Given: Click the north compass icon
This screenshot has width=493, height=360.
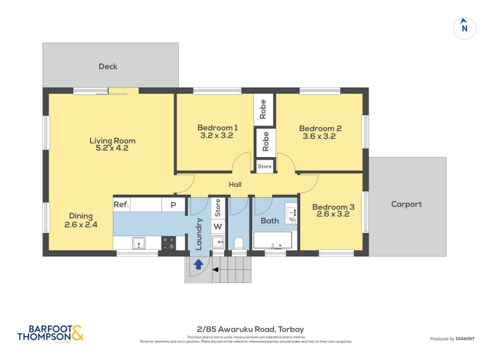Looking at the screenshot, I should pyautogui.click(x=465, y=28).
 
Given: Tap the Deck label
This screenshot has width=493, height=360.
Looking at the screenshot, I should pyautogui.click(x=108, y=67).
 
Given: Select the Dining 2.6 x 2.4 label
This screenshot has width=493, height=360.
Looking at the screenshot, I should pyautogui.click(x=81, y=220).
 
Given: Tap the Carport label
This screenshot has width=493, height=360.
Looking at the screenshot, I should pyautogui.click(x=407, y=204).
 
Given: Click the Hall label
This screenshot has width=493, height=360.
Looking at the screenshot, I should pyautogui.click(x=235, y=184).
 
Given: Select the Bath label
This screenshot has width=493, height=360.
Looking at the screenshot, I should pyautogui.click(x=270, y=220).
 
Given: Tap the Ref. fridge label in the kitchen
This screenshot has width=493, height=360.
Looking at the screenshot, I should pyautogui.click(x=121, y=205).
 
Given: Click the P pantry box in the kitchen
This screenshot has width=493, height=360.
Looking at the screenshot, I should pyautogui.click(x=173, y=205).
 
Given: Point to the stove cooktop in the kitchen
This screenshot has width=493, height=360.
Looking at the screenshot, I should pyautogui.click(x=168, y=243).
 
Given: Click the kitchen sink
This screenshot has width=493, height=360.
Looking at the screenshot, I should pyautogui.click(x=139, y=243).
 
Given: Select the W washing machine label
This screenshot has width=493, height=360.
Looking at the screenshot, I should pyautogui.click(x=218, y=226).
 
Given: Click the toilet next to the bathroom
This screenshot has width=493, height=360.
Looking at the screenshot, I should pyautogui.click(x=239, y=243).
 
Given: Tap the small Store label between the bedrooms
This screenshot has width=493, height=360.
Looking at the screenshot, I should pyautogui.click(x=264, y=166).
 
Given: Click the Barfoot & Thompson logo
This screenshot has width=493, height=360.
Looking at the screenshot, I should pyautogui.click(x=50, y=333).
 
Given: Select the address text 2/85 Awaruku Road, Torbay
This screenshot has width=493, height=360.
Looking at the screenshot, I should pyautogui.click(x=246, y=329).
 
